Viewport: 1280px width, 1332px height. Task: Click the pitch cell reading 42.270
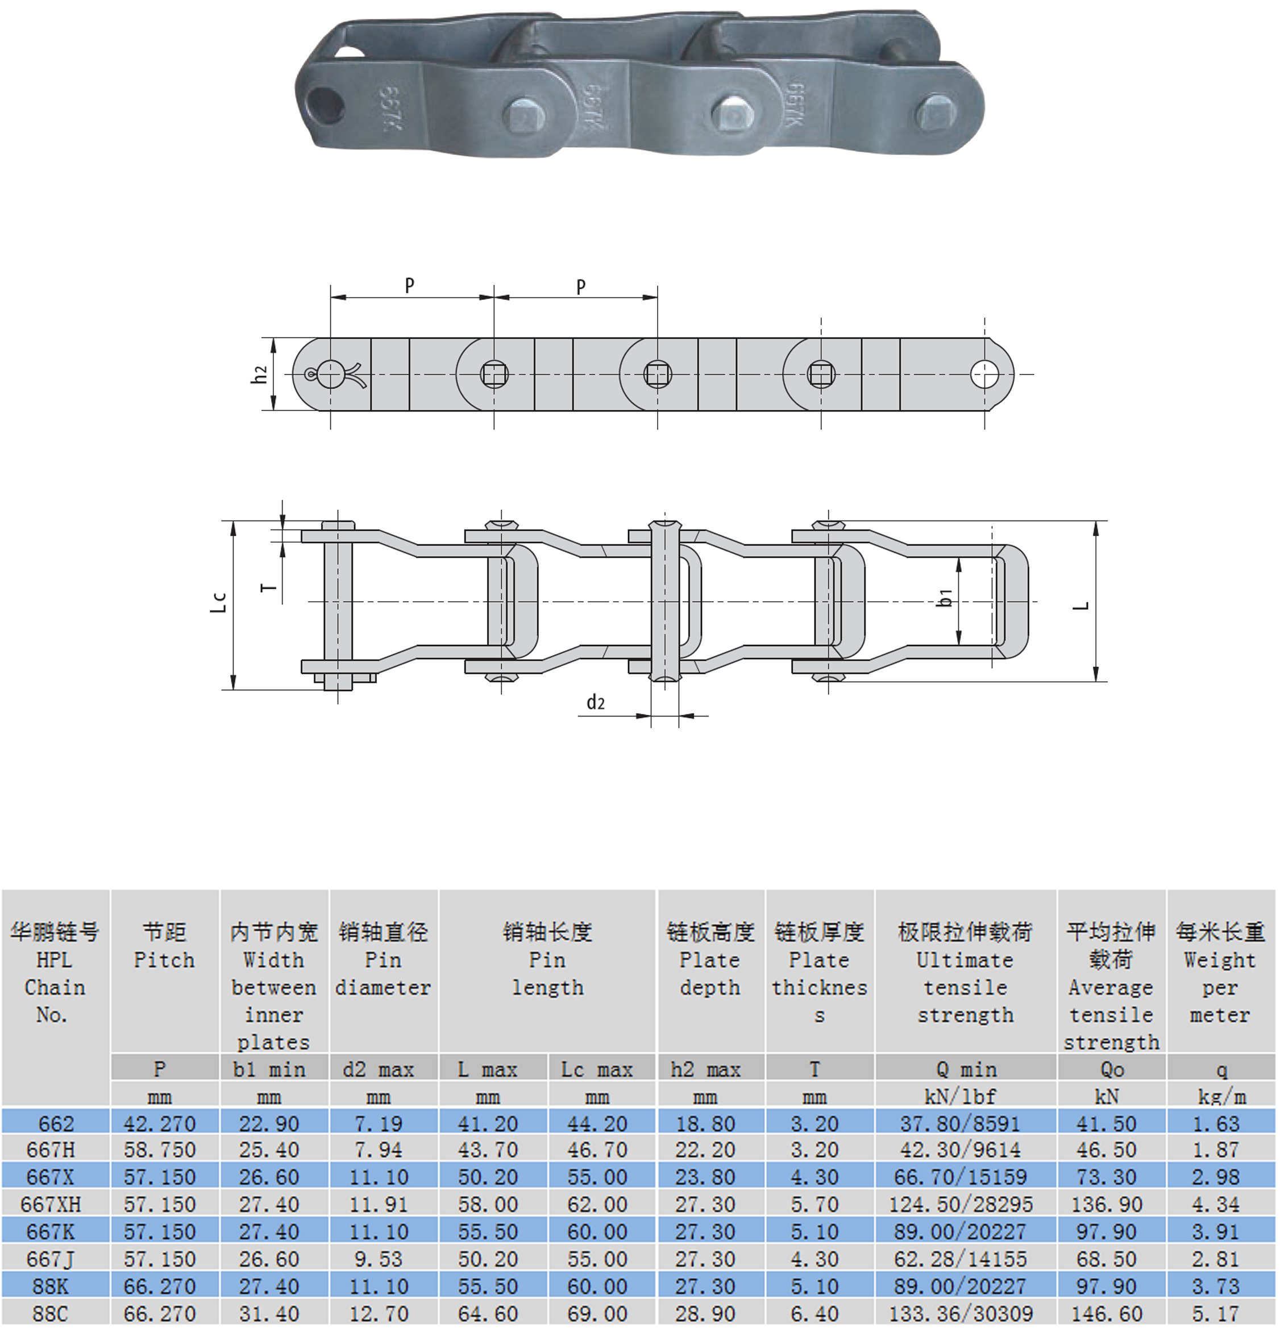tap(159, 1124)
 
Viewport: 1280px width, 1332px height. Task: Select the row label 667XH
tap(51, 1205)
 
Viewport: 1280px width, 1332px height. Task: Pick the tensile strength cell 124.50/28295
tap(961, 1205)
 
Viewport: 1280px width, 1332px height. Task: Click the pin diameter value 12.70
tap(378, 1314)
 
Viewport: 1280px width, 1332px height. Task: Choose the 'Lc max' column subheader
tap(597, 1069)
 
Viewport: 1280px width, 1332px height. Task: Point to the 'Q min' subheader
tap(965, 1069)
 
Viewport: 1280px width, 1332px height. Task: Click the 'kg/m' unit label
tap(1221, 1097)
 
